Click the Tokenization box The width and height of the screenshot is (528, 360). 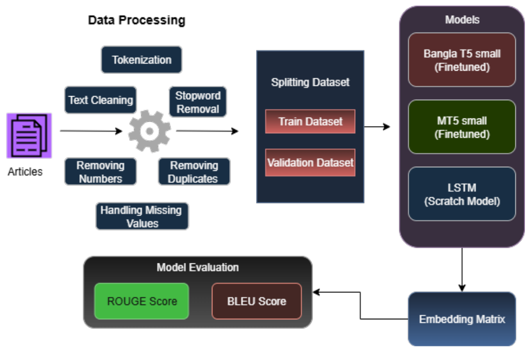(141, 59)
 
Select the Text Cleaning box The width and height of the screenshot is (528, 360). (100, 100)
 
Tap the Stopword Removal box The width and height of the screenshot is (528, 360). (198, 102)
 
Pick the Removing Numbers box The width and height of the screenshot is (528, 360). (100, 171)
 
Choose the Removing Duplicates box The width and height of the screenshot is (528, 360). (194, 171)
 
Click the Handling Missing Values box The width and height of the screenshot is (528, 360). (142, 216)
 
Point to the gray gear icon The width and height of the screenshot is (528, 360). (149, 131)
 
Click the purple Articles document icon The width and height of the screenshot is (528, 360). (28, 135)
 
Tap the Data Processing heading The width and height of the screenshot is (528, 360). (136, 20)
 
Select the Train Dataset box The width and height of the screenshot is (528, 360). (310, 122)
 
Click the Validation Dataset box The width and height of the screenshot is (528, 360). (310, 163)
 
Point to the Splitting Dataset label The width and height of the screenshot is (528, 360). (310, 82)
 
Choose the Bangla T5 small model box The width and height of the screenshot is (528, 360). (461, 60)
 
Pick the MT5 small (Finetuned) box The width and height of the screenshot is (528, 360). (461, 127)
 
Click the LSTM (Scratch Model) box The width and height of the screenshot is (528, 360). (461, 194)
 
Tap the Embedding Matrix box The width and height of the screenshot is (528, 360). (461, 319)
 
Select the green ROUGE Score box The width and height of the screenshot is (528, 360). (141, 301)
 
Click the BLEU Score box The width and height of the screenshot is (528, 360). (256, 301)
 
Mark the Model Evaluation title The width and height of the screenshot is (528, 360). (197, 267)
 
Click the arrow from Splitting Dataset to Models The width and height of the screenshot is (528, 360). (377, 126)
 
